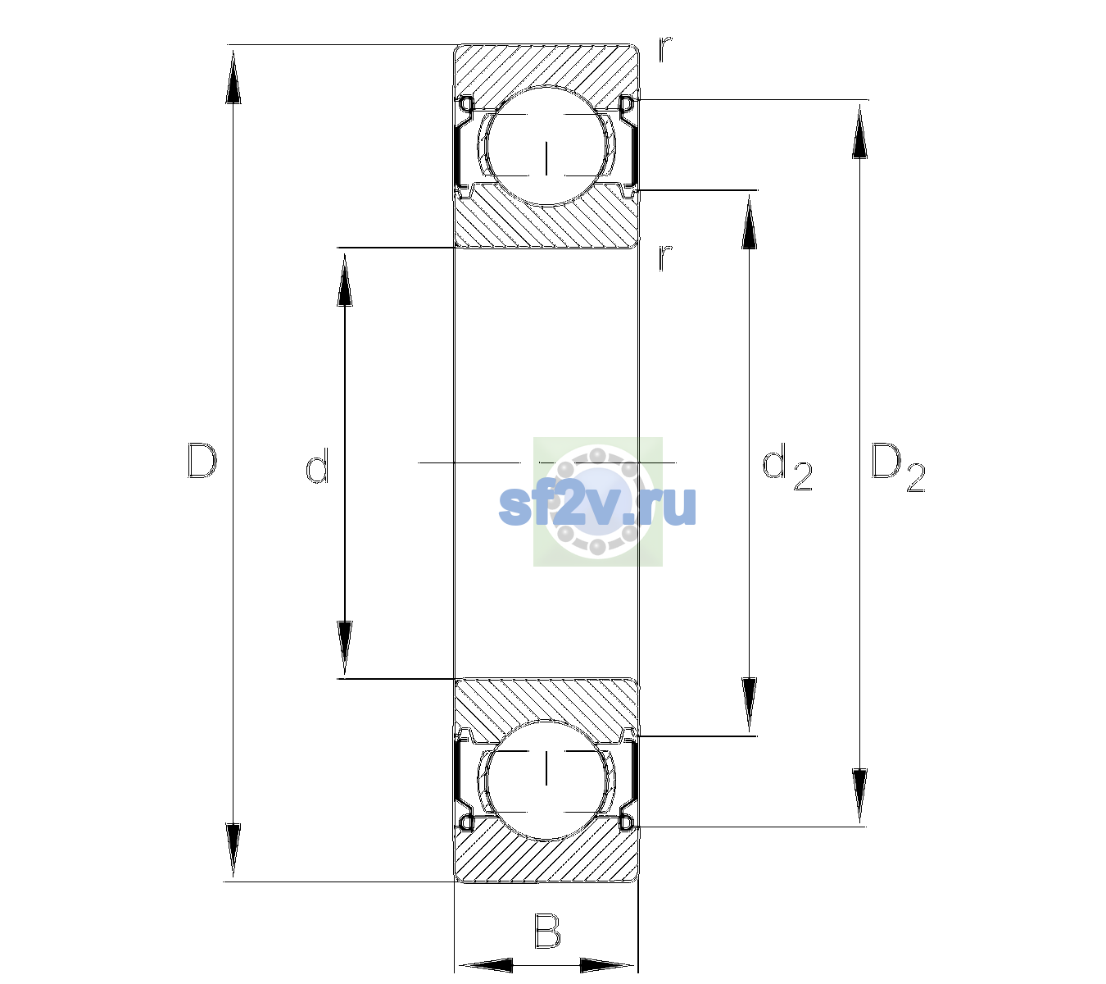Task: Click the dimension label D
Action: coord(202,461)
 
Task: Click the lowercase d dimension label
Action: coord(317,465)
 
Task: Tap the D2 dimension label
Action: coord(897,467)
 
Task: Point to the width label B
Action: coord(547,931)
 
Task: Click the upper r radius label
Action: coord(665,49)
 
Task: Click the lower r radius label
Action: coord(665,257)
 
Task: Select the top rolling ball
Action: coord(546,146)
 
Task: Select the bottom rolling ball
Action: coord(546,780)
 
